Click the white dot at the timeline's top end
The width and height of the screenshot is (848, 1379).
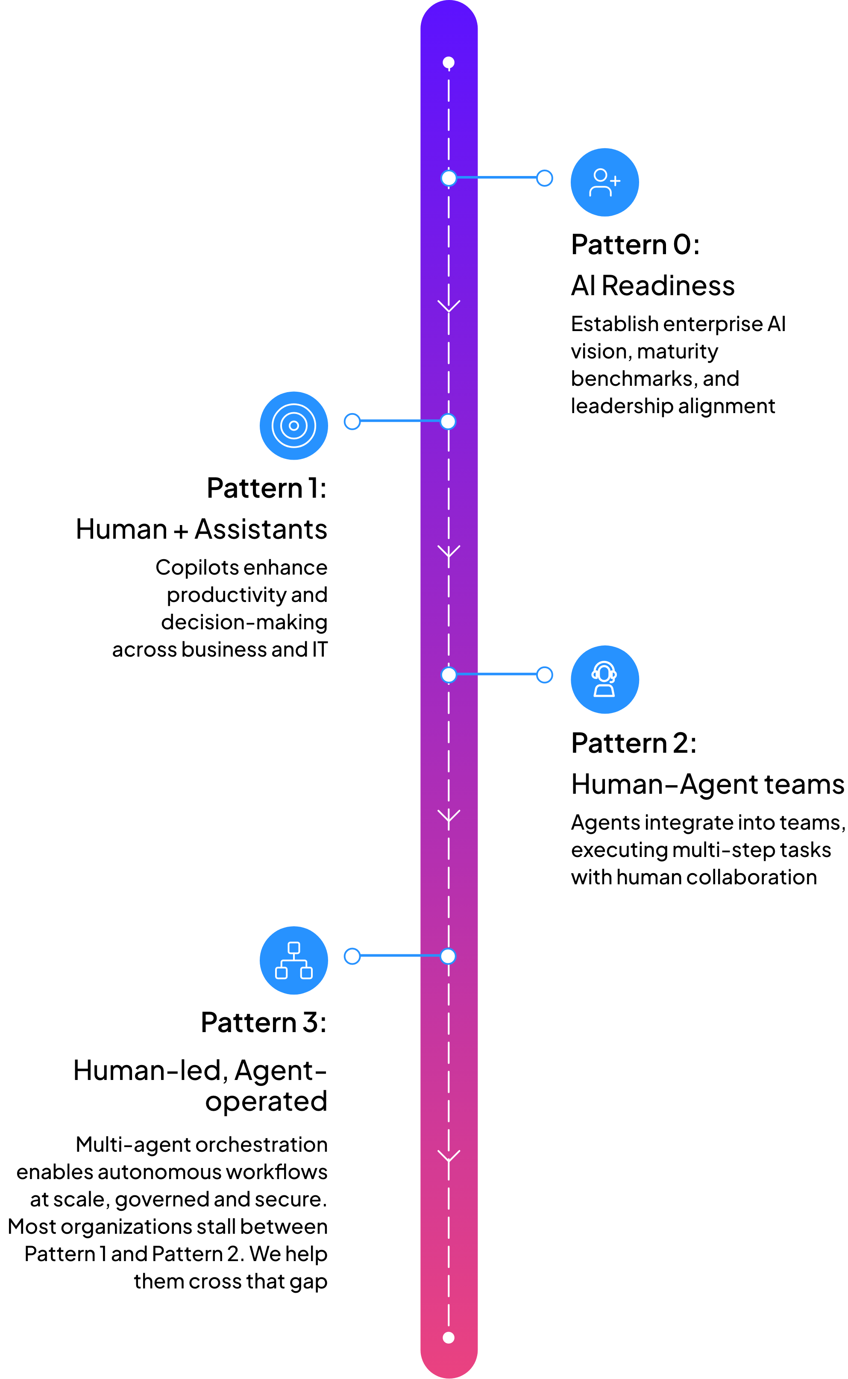click(x=449, y=62)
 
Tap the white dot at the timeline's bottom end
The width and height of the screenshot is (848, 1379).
click(x=449, y=1338)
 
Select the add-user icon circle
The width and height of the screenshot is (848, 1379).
click(x=604, y=182)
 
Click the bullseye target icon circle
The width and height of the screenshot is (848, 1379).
click(x=294, y=425)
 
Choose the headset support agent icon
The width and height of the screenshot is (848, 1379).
click(x=604, y=679)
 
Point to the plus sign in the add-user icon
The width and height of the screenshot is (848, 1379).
click(x=615, y=181)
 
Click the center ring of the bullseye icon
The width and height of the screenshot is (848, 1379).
click(x=294, y=425)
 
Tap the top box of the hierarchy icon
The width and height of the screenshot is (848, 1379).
click(x=294, y=948)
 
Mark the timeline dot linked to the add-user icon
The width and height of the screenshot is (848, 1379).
click(x=449, y=178)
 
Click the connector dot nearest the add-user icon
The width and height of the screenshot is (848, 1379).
click(x=545, y=178)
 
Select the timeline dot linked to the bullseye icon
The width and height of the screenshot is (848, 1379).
click(x=448, y=422)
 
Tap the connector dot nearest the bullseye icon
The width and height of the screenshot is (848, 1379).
click(x=352, y=422)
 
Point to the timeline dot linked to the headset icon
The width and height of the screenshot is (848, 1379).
click(x=449, y=675)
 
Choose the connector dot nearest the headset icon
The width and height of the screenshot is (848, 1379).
click(x=545, y=675)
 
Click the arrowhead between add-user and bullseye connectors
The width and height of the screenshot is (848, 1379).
click(x=449, y=307)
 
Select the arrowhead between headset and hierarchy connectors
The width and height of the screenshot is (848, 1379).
click(x=449, y=816)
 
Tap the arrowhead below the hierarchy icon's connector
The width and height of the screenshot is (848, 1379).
click(x=449, y=1156)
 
